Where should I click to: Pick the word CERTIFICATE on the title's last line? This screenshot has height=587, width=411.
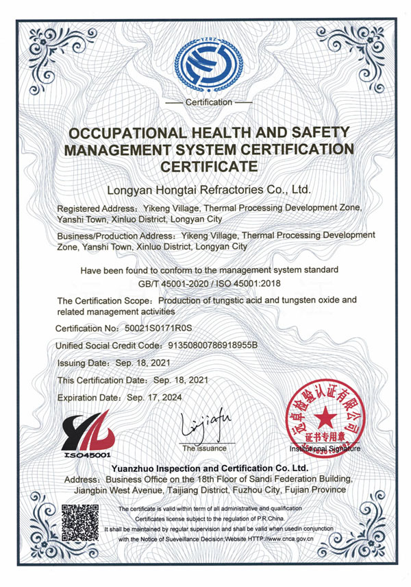[209, 165]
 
